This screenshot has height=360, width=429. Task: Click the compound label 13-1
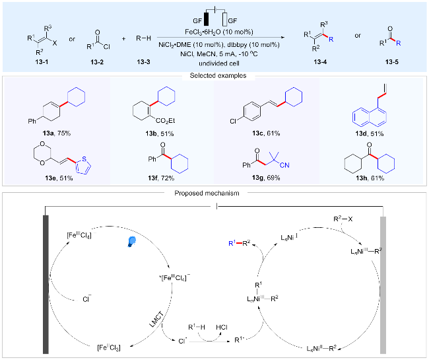(x=42, y=62)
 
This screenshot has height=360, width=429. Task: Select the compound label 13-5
(x=392, y=62)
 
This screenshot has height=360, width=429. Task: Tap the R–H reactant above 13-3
(x=144, y=38)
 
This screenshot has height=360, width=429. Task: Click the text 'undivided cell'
(x=219, y=63)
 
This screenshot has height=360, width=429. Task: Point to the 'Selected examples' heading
(x=218, y=75)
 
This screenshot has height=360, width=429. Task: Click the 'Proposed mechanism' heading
(x=207, y=194)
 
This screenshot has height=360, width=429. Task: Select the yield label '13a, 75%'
(x=57, y=133)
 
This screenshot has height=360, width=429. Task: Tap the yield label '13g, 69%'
(x=266, y=178)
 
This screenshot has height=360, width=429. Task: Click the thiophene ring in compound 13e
(x=83, y=165)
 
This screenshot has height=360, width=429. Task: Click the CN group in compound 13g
(x=284, y=165)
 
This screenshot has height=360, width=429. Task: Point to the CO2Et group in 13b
(x=165, y=121)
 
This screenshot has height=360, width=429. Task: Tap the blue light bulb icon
(x=132, y=242)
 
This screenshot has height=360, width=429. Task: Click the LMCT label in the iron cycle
(x=157, y=319)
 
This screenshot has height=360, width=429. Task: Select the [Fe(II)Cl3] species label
(x=109, y=347)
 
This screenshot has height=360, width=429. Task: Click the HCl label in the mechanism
(x=222, y=328)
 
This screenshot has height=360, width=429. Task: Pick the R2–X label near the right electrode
(x=343, y=219)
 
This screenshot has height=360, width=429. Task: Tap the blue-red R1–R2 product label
(x=240, y=243)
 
